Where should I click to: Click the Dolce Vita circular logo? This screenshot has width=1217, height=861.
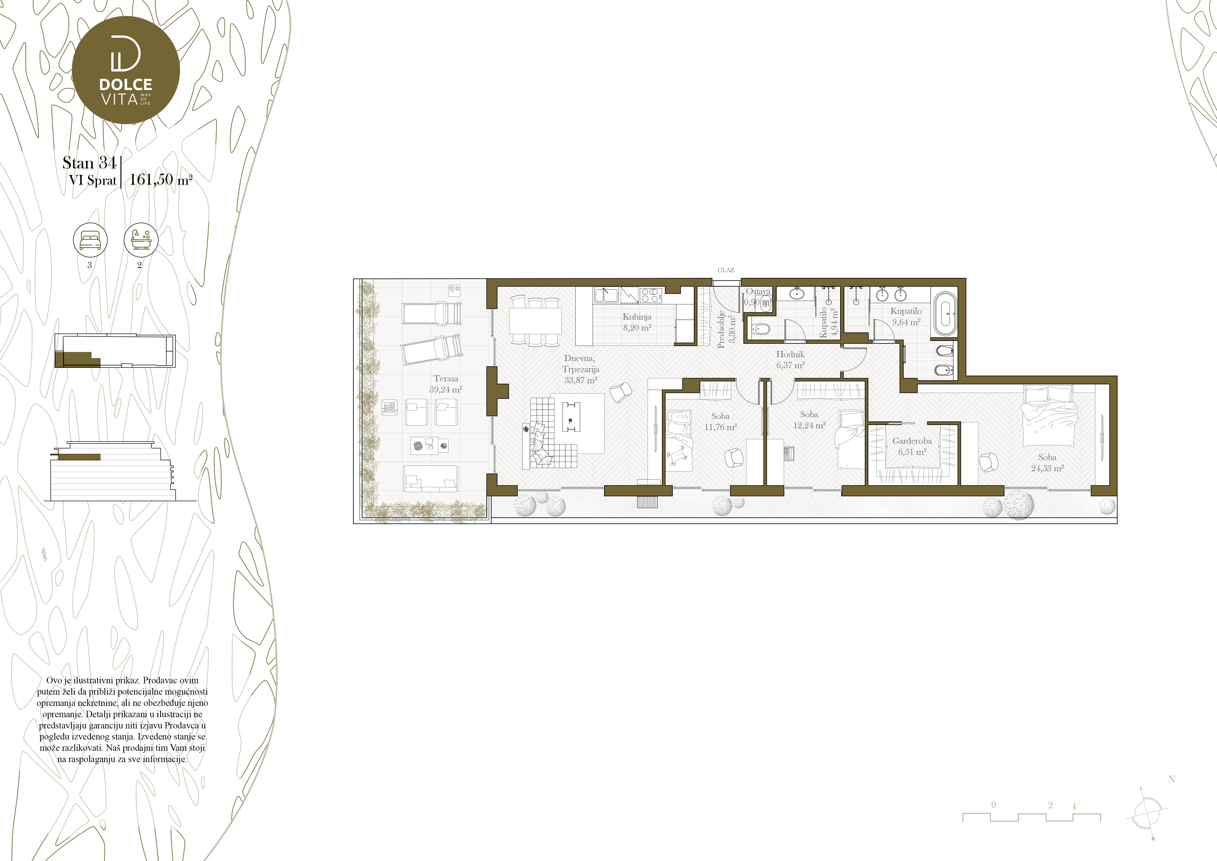[126, 70]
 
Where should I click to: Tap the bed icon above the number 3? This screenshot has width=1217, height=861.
[90, 240]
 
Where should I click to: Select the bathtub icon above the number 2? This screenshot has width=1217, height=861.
[141, 240]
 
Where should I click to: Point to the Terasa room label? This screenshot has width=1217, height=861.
[446, 378]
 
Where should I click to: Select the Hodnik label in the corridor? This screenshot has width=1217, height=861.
[790, 354]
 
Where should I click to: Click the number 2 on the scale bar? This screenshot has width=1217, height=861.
[1050, 804]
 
